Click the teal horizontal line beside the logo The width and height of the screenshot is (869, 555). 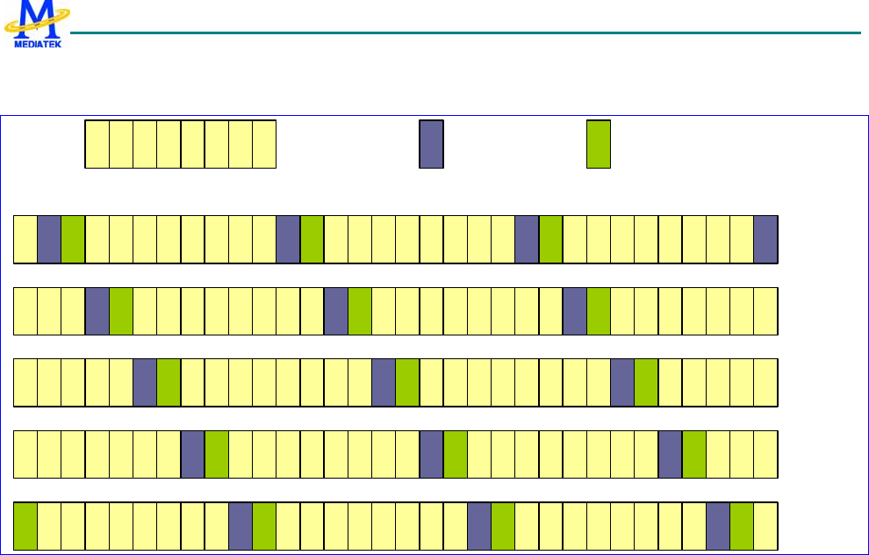click(465, 33)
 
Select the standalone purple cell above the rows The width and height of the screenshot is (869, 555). click(431, 144)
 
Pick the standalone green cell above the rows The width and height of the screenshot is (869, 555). click(599, 144)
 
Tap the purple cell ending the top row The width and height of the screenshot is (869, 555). click(765, 239)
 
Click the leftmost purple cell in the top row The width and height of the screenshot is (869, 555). click(49, 239)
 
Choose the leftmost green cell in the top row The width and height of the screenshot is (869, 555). click(73, 239)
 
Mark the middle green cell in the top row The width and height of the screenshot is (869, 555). click(312, 239)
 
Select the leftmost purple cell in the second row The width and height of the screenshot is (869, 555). click(97, 311)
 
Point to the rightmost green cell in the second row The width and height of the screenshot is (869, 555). click(599, 311)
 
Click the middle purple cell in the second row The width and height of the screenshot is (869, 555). click(336, 311)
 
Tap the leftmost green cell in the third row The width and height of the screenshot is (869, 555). click(169, 383)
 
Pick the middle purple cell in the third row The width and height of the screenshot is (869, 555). click(384, 383)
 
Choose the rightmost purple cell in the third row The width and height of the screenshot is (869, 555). click(622, 383)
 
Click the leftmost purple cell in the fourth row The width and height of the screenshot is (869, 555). click(192, 455)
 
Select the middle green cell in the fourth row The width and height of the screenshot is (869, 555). click(456, 455)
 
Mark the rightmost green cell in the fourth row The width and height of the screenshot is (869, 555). click(694, 455)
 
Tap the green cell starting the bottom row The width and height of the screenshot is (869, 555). click(25, 526)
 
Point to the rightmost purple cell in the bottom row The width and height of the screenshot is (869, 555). click(718, 526)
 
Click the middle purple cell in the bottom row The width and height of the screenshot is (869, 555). click(479, 526)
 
